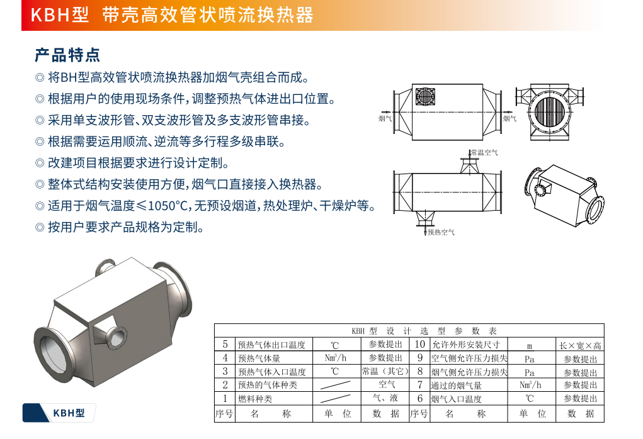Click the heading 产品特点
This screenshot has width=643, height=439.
[67, 55]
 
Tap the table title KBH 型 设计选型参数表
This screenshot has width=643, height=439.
[424, 331]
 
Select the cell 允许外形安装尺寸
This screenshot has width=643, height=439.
[466, 345]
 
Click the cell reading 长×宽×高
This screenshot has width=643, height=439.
[580, 345]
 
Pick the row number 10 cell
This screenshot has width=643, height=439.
[420, 344]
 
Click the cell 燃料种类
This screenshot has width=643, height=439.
[255, 399]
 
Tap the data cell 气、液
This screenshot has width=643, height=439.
[385, 397]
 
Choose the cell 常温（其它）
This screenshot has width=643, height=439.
[385, 371]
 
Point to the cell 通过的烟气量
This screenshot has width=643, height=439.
[456, 386]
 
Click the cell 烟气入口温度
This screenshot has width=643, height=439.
[456, 399]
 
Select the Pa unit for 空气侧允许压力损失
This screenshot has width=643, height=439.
[530, 359]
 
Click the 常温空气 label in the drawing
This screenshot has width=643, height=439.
[484, 153]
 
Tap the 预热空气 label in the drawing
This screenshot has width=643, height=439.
[441, 232]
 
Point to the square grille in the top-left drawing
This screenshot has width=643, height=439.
[425, 97]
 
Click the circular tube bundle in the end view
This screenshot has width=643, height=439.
[550, 112]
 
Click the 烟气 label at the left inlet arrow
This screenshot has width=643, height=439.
[385, 119]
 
